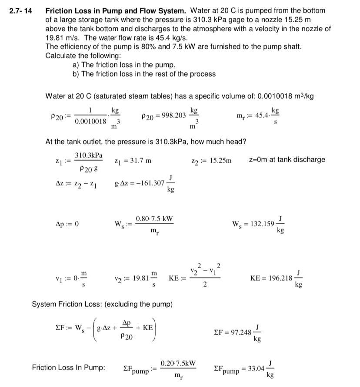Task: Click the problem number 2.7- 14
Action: click(20, 10)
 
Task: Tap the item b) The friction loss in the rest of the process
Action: click(144, 74)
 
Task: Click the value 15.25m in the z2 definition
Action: click(220, 161)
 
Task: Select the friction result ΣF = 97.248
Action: click(233, 332)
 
